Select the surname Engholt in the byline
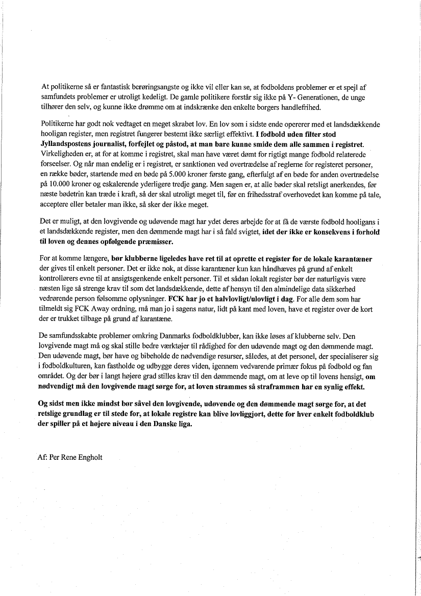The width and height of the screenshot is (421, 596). (x=88, y=457)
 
